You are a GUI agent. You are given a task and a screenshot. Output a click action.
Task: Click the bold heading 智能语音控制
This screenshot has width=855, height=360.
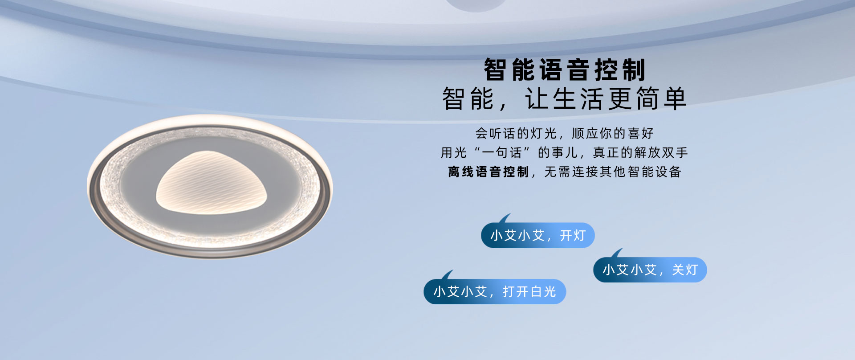[565, 70]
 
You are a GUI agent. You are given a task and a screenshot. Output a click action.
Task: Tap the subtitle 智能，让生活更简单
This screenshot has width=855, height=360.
[564, 98]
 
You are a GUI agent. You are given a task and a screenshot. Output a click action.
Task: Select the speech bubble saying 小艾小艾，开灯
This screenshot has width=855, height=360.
[538, 235]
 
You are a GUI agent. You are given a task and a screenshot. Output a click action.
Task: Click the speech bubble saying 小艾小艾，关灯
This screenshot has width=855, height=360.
[650, 270]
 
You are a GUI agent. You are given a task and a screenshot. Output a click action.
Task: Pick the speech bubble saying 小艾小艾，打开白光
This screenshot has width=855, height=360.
[495, 291]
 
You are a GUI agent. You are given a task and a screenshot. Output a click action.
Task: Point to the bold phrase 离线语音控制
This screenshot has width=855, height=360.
[489, 172]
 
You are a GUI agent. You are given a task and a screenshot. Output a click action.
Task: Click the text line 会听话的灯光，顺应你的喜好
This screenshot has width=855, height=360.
[564, 133]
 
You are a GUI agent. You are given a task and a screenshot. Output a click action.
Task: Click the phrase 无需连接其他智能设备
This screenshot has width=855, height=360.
[613, 172]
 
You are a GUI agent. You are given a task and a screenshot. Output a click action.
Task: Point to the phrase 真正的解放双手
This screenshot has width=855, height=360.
[640, 152]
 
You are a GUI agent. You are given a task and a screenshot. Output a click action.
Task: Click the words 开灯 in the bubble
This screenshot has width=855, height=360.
[573, 235]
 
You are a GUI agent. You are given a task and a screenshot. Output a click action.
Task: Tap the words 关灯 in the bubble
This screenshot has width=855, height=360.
[685, 270]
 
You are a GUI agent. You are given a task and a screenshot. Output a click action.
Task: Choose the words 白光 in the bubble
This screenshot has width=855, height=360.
[543, 291]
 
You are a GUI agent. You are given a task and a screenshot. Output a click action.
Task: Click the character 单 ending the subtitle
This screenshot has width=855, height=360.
[675, 98]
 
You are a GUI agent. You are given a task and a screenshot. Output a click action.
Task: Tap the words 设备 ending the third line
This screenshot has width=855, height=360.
[668, 172]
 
